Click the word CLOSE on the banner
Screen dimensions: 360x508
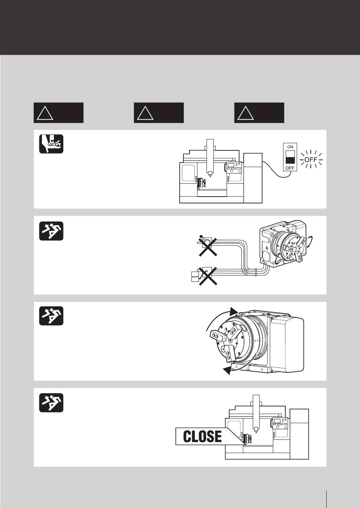[202, 436]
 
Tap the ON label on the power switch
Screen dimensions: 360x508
[290, 147]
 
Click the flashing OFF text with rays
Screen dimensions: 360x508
[310, 159]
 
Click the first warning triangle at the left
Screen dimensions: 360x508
[45, 113]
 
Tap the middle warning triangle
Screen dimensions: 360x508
[145, 113]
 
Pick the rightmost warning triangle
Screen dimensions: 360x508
[245, 113]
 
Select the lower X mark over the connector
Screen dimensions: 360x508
[208, 275]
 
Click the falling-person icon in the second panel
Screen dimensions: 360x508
[51, 231]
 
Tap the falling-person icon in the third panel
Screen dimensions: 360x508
[51, 316]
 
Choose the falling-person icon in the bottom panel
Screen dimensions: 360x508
[51, 403]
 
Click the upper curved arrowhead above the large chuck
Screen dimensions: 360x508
[234, 311]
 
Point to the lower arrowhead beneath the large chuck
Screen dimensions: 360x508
[227, 370]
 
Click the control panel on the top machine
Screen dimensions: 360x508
[234, 167]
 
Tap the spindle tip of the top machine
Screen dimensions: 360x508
[210, 174]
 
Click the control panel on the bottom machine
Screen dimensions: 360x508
[280, 424]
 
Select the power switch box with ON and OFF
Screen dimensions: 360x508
[290, 157]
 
